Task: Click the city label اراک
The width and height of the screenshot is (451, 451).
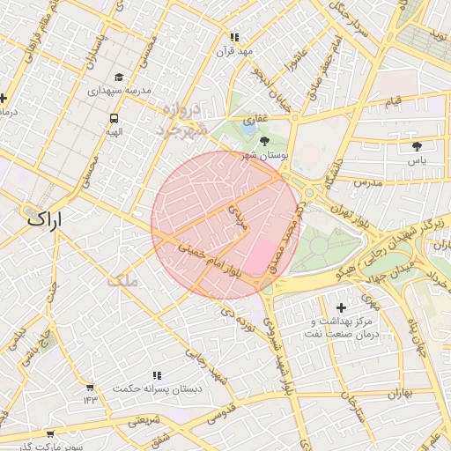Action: click(x=47, y=219)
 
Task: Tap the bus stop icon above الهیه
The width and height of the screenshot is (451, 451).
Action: click(x=115, y=119)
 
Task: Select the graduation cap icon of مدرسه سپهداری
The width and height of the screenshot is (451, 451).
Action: click(x=120, y=78)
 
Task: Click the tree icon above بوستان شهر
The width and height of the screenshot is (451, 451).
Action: click(x=265, y=141)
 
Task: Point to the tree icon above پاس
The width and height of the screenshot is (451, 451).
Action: click(x=417, y=146)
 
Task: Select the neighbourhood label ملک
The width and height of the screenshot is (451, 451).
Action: click(x=122, y=281)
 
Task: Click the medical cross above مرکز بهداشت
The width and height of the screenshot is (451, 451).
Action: click(x=342, y=307)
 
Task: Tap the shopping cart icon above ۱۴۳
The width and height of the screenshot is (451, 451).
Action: click(x=89, y=387)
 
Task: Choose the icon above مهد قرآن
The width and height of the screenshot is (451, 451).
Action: click(x=234, y=37)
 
